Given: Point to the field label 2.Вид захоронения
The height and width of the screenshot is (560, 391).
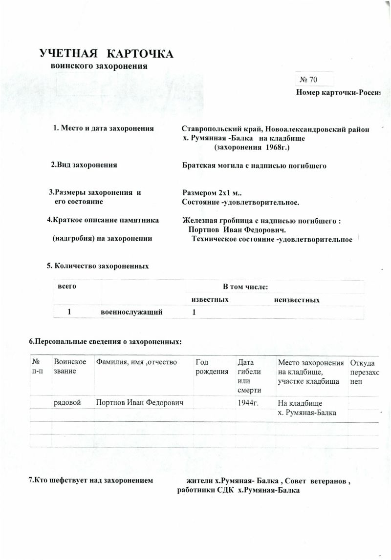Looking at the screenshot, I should pyautogui.click(x=84, y=165).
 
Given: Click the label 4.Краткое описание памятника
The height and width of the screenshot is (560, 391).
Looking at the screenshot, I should pyautogui.click(x=103, y=220).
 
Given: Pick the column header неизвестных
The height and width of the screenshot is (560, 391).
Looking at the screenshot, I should pyautogui.click(x=297, y=300).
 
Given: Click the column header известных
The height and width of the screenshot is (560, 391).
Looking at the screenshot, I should pyautogui.click(x=210, y=300).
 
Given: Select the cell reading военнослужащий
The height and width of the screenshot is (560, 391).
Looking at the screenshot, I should pyautogui.click(x=131, y=312).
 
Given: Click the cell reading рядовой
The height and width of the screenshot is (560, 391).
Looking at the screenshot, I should pyautogui.click(x=68, y=403).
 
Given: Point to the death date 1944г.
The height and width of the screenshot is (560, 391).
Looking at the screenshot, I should pyautogui.click(x=248, y=403).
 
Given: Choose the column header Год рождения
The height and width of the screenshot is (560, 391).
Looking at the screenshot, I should pyautogui.click(x=212, y=367).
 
